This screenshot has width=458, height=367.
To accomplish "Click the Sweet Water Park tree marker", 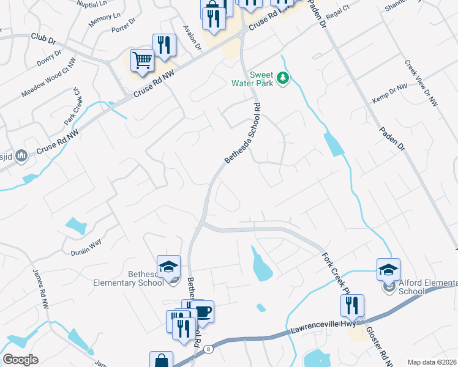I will (x=283, y=78).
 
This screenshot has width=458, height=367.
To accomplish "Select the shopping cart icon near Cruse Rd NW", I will (x=142, y=61).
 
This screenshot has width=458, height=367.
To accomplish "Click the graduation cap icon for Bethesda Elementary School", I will (x=168, y=267).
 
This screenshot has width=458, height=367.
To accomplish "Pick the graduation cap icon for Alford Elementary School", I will (x=388, y=269).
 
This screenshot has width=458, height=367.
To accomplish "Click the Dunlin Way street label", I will (x=86, y=247).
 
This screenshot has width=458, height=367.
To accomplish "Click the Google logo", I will (x=20, y=359).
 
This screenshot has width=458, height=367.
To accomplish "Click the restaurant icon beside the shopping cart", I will (x=163, y=45).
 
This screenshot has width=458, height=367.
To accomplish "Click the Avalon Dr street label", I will (x=191, y=37).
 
